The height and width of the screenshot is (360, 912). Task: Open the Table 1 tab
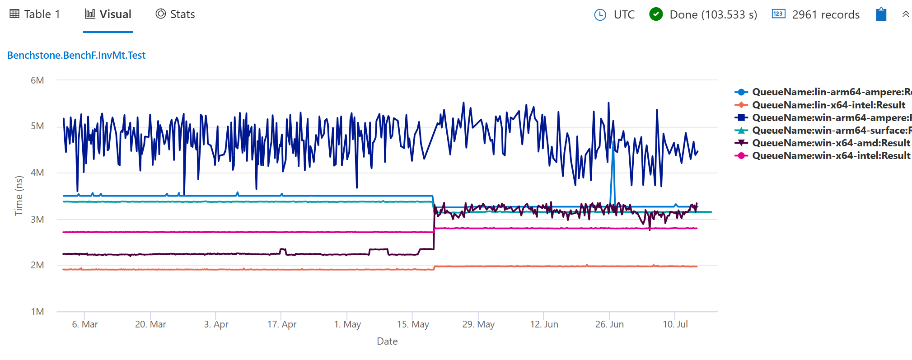coord(35,14)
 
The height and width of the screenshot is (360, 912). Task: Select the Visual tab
coord(108,14)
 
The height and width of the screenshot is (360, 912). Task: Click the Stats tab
coord(175,14)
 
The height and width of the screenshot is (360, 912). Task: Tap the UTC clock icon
coord(600,15)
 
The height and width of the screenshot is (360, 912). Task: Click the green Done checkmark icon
coord(656,14)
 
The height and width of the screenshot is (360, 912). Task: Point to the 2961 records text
coord(825,15)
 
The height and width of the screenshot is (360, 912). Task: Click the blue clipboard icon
coord(881,14)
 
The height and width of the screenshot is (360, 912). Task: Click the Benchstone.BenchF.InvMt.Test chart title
coord(76,55)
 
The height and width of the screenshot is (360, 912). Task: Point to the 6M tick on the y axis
coord(37,80)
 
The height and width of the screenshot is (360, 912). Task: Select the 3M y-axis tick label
coord(37,220)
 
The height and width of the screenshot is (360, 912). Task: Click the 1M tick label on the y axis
coord(37,312)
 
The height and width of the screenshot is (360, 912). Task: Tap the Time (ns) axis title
coord(19,196)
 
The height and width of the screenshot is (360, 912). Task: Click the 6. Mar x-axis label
coord(85,324)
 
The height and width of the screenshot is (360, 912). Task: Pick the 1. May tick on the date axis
coord(347,324)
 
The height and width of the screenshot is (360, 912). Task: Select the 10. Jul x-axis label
coord(675,324)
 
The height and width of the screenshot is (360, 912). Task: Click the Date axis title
coord(387,341)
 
